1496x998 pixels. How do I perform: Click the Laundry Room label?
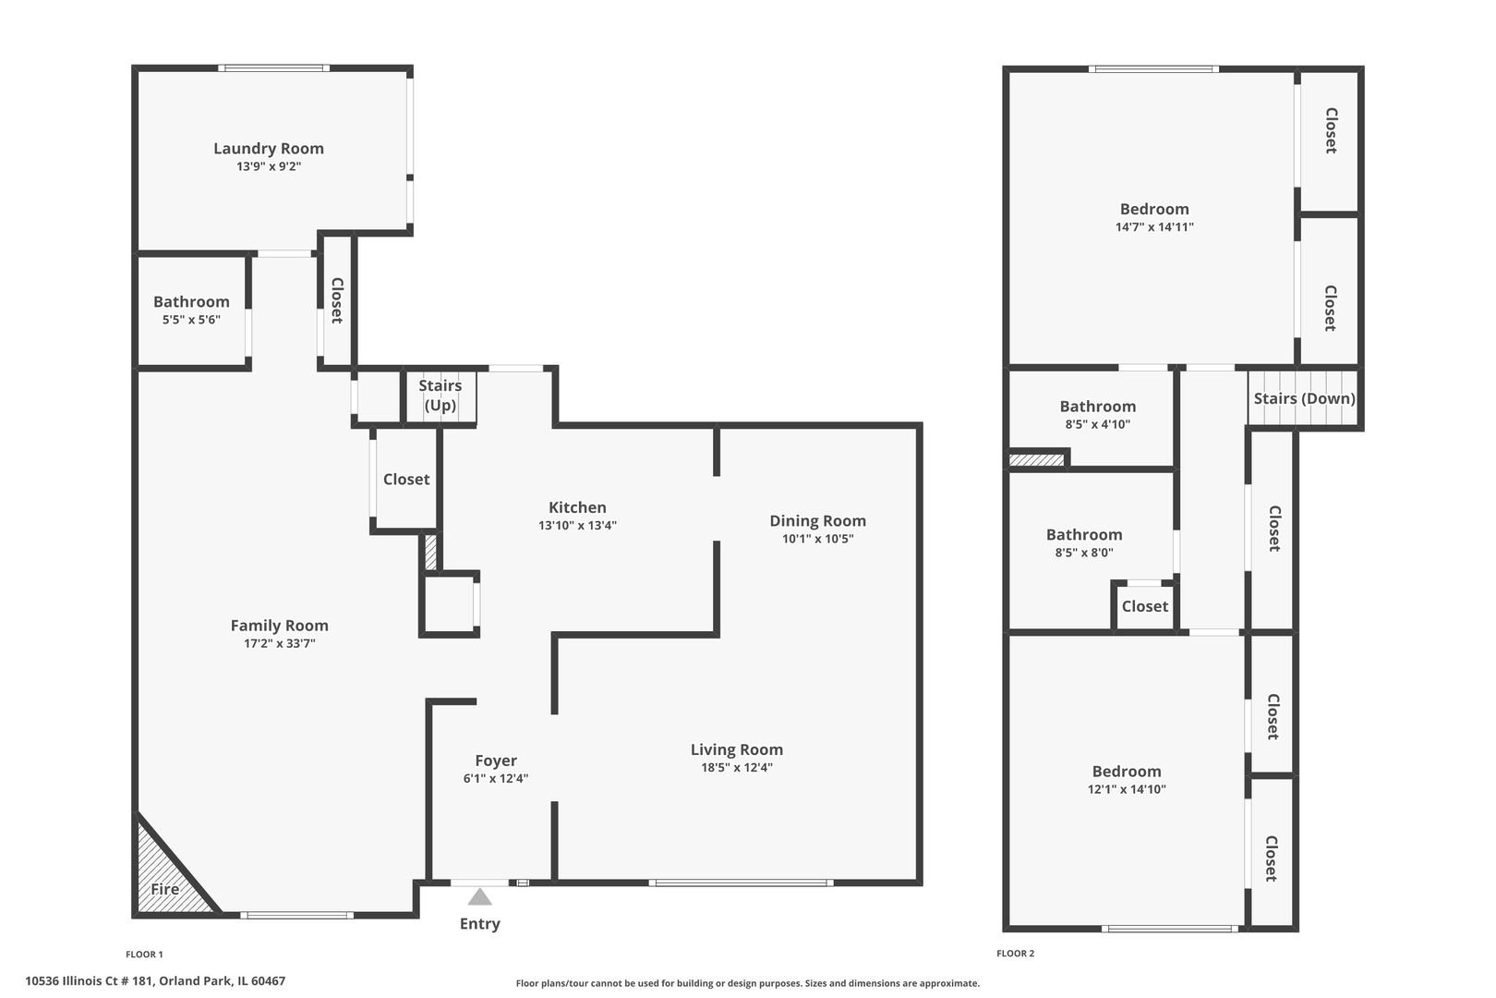click(x=268, y=148)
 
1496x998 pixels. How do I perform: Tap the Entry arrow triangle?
click(x=479, y=897)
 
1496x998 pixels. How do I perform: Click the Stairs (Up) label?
click(x=440, y=396)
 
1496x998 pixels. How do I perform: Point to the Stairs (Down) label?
click(x=1304, y=398)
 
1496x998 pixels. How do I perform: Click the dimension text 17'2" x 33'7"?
click(x=279, y=643)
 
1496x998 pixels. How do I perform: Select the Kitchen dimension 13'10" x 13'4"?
click(x=577, y=525)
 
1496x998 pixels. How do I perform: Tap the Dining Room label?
click(x=817, y=520)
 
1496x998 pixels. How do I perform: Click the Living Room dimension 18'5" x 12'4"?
click(x=736, y=767)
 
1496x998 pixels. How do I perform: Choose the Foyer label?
click(x=495, y=761)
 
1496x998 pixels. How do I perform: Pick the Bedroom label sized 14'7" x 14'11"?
click(x=1153, y=209)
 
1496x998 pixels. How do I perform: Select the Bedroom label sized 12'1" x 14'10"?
click(x=1126, y=772)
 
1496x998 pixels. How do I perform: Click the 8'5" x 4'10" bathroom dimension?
click(x=1097, y=424)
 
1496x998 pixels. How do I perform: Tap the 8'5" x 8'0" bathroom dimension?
click(x=1083, y=553)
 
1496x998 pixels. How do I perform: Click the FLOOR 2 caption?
click(x=1015, y=954)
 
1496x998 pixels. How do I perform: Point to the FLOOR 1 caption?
click(x=144, y=955)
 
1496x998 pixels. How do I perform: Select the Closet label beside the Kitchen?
click(x=406, y=479)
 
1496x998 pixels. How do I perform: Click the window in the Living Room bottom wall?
click(x=740, y=883)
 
